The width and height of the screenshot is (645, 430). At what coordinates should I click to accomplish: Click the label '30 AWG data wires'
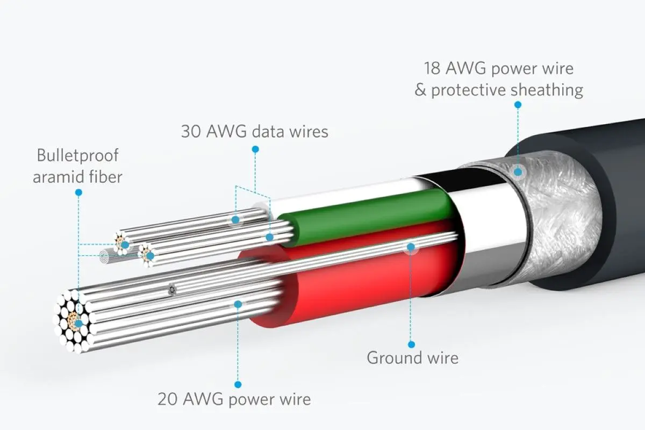point(254,132)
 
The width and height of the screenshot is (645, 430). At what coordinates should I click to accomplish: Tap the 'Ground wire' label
point(412,357)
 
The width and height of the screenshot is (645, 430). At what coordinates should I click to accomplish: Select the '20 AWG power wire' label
point(234,399)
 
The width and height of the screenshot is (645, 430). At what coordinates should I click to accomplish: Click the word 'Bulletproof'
point(77,156)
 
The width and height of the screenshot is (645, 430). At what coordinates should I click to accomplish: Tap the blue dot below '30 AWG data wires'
point(255,149)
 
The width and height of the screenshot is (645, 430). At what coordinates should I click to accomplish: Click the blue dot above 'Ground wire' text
point(411,344)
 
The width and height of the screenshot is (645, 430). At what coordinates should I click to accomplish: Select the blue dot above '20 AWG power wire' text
point(238,384)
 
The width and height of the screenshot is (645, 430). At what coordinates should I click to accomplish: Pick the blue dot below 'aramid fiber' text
point(78,192)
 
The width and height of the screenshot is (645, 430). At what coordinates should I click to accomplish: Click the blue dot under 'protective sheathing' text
point(518,105)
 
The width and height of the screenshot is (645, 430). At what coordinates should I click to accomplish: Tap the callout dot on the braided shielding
point(518,172)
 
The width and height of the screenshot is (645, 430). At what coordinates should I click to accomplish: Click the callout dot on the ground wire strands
point(411,247)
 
